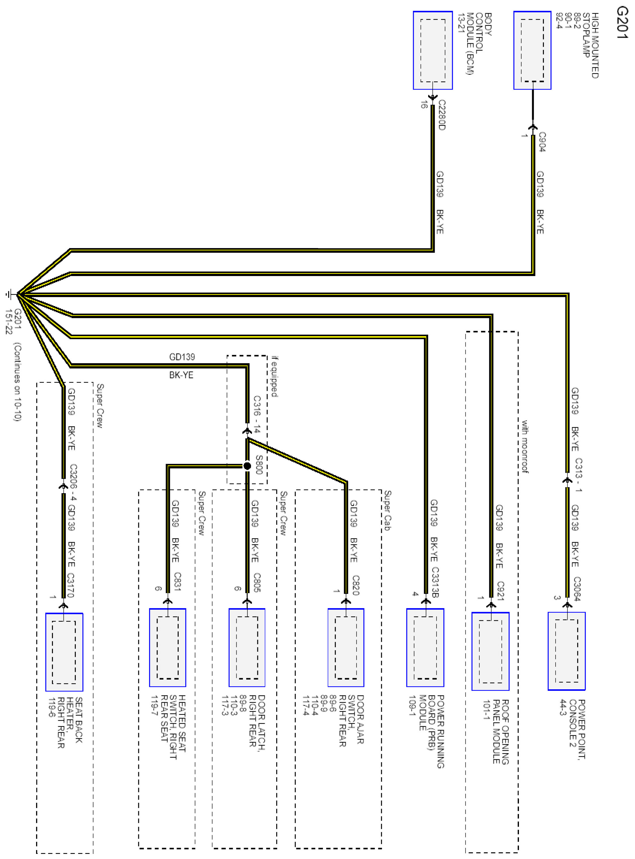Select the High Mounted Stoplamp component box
[x=532, y=50]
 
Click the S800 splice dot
[x=247, y=466]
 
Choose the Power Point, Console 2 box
[x=566, y=651]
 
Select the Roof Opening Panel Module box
[x=490, y=651]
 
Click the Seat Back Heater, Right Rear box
[x=64, y=652]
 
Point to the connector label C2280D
[x=442, y=115]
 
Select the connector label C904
[x=541, y=142]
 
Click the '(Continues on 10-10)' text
[x=17, y=382]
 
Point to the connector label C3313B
[x=435, y=582]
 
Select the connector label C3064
[x=577, y=588]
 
